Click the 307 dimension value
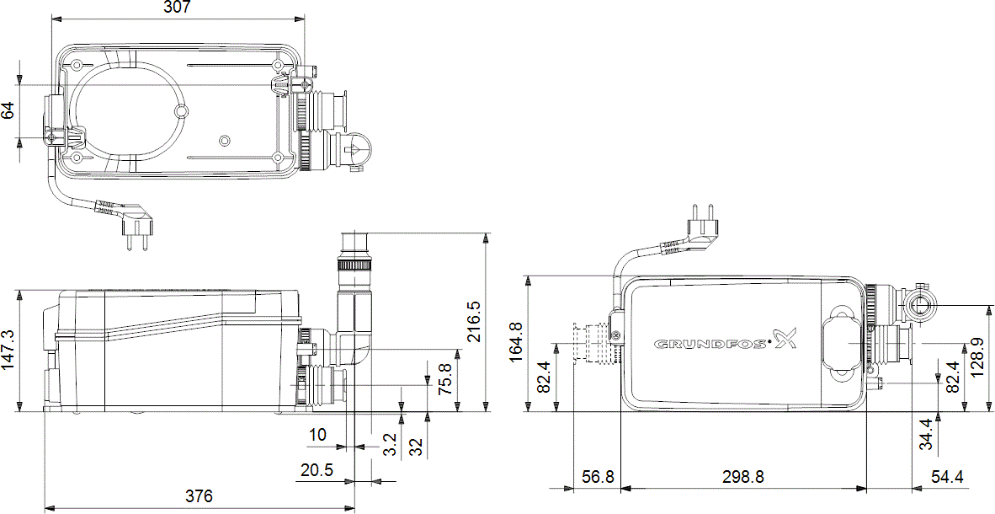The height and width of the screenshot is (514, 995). coord(178,8)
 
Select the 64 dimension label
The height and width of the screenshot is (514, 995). coord(8,110)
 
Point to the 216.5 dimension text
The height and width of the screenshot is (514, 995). coord(475,323)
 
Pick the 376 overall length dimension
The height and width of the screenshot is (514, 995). coord(199,495)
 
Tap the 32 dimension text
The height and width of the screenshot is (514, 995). coord(416,447)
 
